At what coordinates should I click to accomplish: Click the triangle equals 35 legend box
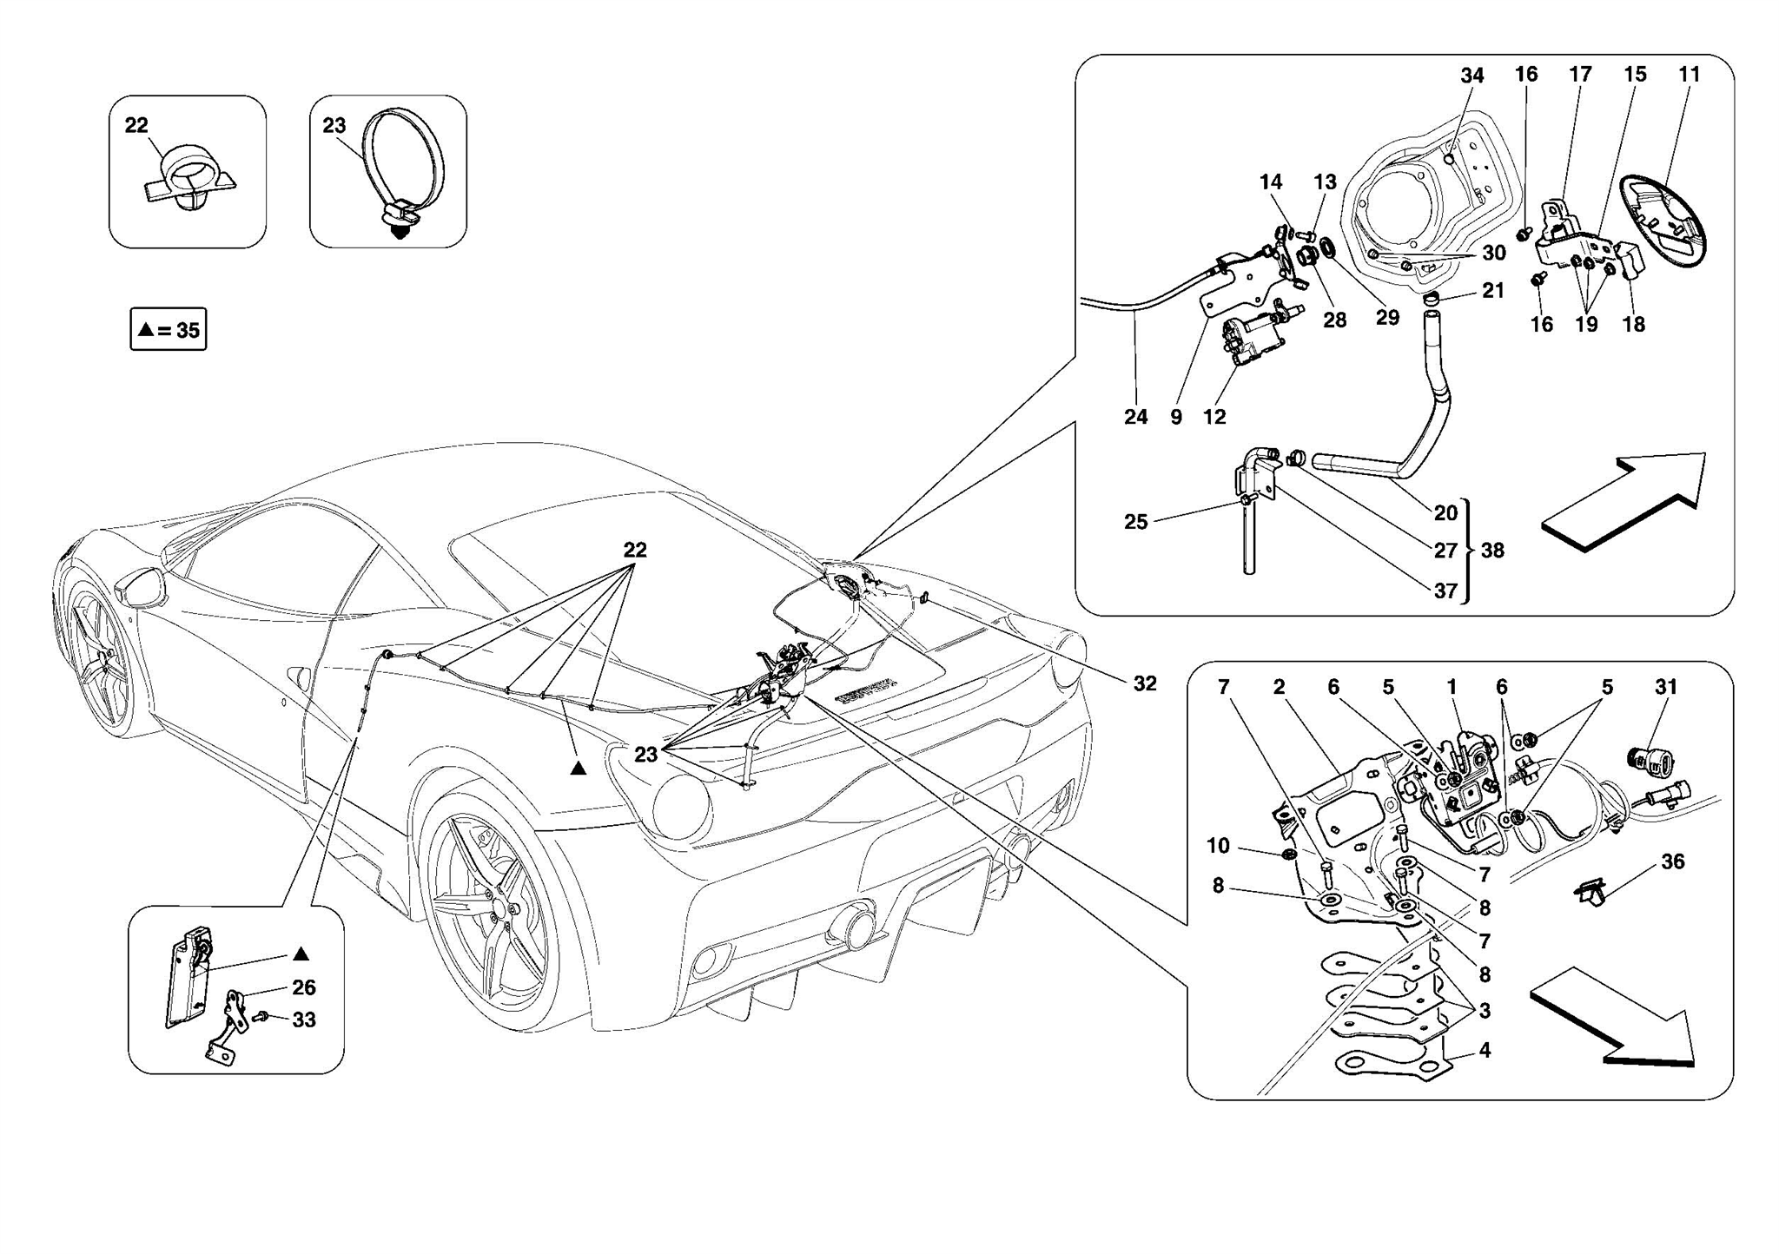(x=169, y=329)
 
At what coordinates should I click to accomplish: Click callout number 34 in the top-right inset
(x=1471, y=76)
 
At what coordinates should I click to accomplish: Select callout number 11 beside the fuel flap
(x=1689, y=75)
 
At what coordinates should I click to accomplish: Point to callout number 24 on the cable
(x=1135, y=417)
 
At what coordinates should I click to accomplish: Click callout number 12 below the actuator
(x=1214, y=417)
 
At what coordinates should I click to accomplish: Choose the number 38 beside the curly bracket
(x=1492, y=550)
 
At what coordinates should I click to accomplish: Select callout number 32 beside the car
(x=1145, y=683)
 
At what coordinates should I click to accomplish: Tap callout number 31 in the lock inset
(x=1665, y=687)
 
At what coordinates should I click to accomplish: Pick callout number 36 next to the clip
(x=1672, y=861)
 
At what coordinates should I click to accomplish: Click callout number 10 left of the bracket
(x=1218, y=845)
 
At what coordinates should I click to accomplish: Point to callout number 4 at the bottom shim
(x=1485, y=1050)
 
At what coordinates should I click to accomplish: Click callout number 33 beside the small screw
(x=303, y=1020)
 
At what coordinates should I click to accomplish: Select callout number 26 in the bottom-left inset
(x=303, y=987)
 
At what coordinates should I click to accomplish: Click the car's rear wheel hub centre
(x=502, y=908)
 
